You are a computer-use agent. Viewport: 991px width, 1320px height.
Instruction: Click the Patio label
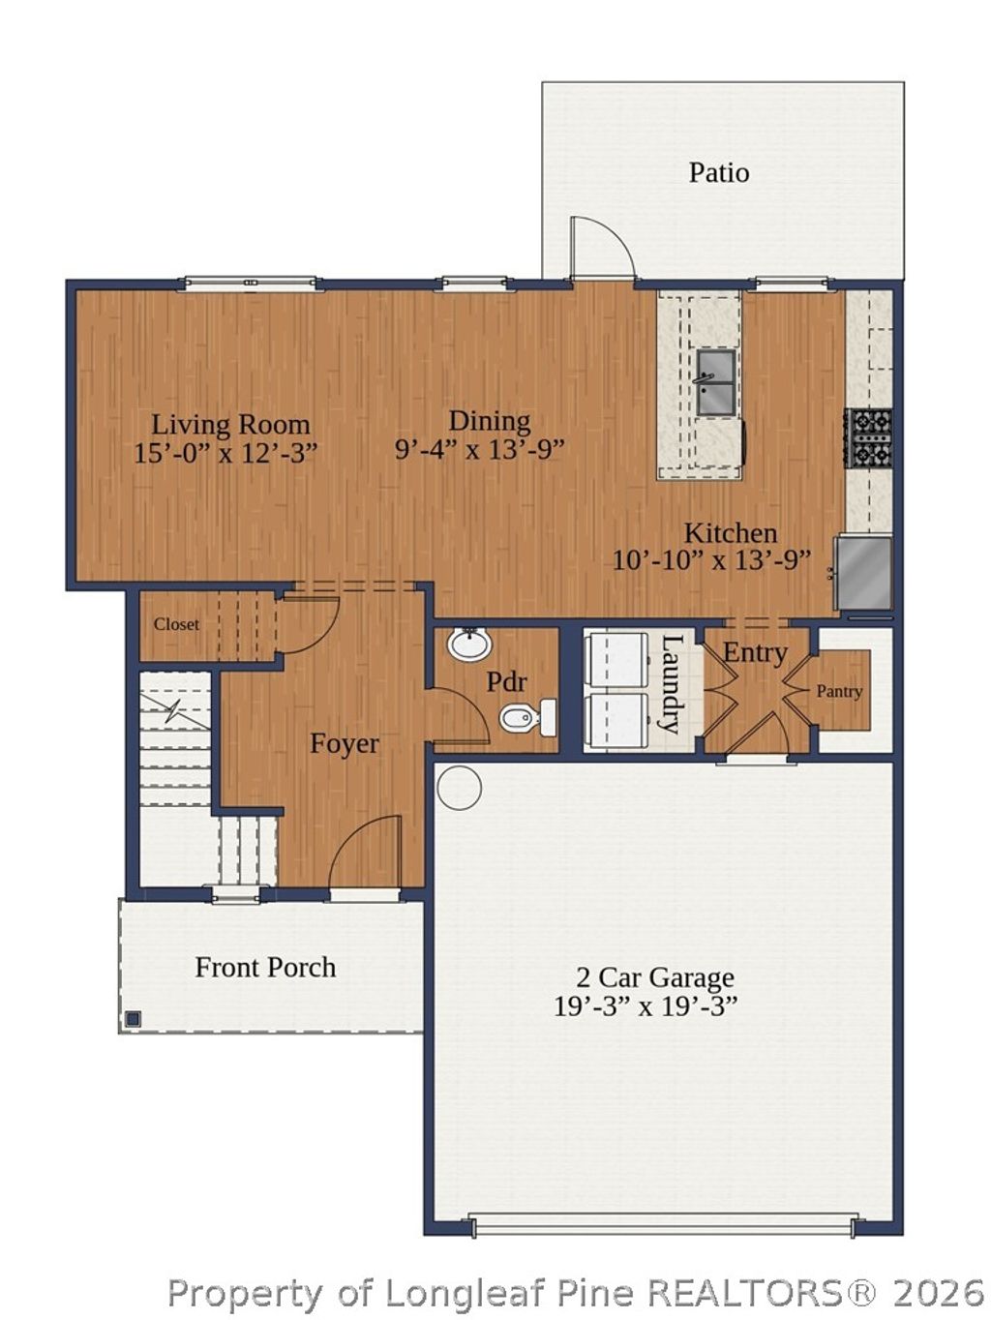point(718,173)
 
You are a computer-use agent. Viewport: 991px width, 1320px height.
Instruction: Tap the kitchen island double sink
point(715,382)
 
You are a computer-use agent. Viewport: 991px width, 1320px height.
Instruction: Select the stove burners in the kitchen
point(868,438)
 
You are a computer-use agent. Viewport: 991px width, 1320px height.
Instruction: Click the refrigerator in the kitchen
point(864,574)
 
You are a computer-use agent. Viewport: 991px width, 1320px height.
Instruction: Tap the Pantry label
point(838,691)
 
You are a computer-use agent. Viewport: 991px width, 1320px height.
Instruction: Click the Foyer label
point(344,743)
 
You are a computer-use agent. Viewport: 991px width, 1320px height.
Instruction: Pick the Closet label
point(176,625)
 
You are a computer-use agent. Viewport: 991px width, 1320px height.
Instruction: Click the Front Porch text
point(265,967)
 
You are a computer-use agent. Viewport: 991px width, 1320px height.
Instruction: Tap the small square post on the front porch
point(133,1018)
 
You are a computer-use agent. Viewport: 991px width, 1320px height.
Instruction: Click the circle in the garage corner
point(459,787)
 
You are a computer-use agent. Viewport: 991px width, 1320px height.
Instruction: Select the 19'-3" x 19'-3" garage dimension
point(646,1006)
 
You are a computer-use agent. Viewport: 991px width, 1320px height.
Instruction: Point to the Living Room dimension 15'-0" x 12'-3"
point(225,452)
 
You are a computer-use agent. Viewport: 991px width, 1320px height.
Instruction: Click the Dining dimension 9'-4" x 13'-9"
point(479,449)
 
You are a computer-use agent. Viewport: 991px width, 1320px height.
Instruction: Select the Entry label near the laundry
point(755,652)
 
